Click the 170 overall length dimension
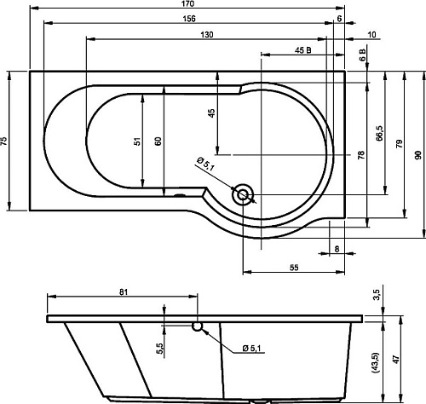pos(187,3)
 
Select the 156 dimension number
pos(189,19)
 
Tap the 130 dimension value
pos(207,35)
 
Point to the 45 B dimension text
pos(303,50)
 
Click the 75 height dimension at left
pos(4,141)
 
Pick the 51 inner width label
pos(137,141)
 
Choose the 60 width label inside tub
pos(158,141)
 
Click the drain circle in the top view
pos(243,195)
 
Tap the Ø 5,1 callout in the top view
pos(205,164)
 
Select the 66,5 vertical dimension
pos(380,133)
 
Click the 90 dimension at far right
pos(418,155)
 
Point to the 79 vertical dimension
pos(399,144)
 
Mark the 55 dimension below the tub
pos(294,268)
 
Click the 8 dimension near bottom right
pos(337,249)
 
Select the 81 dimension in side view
pos(124,291)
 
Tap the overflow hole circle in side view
pos(197,326)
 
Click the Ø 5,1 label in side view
pos(251,348)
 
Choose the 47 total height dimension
pos(397,360)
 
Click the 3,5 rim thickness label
pos(377,296)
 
